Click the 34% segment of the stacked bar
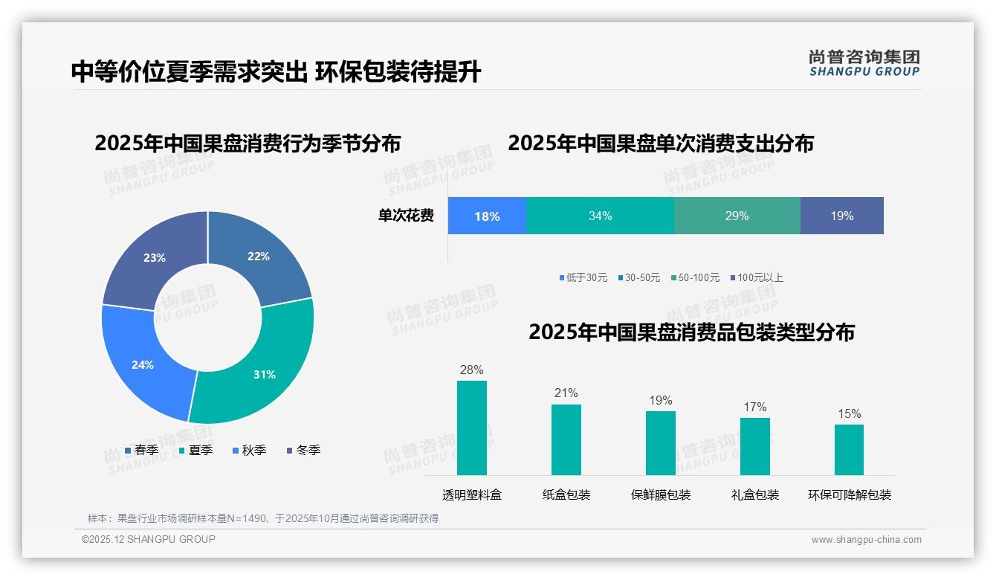pos(600,216)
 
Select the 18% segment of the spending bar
pos(487,216)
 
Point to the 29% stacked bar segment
pos(737,216)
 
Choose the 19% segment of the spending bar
pos(841,216)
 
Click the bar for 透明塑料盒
pos(472,428)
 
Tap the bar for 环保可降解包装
pos(849,449)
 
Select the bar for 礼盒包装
pos(755,446)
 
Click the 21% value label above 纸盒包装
pos(566,393)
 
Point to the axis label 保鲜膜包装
pos(661,494)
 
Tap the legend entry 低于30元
pos(583,277)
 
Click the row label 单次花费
pos(406,216)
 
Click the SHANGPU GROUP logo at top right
pos(864,63)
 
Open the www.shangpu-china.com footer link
pos(866,539)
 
